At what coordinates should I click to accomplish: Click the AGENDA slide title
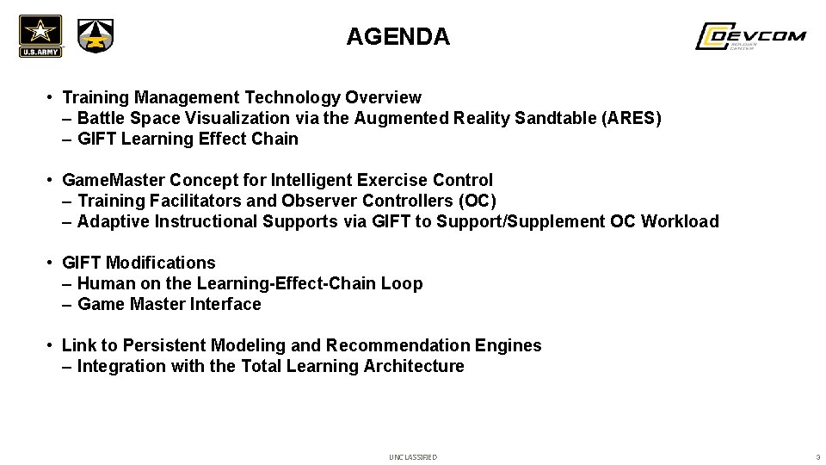pos(398,37)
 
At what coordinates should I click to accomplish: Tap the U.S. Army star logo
pos(40,35)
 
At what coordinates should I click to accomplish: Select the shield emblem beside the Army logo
pos(95,36)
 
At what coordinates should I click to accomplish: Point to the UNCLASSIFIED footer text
pos(413,456)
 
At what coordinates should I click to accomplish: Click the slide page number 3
pos(817,456)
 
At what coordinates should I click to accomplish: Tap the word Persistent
pos(163,345)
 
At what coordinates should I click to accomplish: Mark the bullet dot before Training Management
pos(52,97)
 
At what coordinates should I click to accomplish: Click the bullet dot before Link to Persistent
pos(52,345)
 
